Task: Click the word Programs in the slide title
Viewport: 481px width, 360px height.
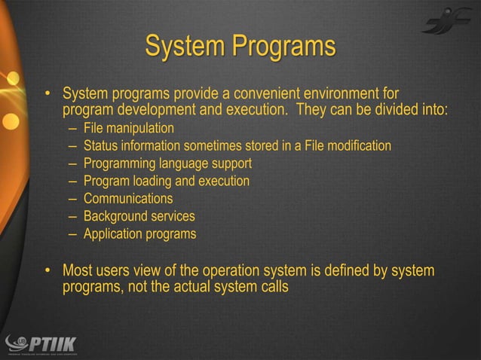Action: pyautogui.click(x=283, y=47)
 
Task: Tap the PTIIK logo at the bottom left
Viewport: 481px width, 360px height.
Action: pyautogui.click(x=44, y=343)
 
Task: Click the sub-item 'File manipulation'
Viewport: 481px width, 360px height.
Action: pyautogui.click(x=128, y=128)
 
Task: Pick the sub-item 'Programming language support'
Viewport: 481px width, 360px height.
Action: pyautogui.click(x=167, y=163)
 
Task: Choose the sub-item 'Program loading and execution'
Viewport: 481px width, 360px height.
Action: pyautogui.click(x=166, y=182)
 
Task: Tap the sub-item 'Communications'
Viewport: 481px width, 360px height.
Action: pyautogui.click(x=127, y=199)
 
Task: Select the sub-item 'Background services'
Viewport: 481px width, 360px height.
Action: pyautogui.click(x=139, y=217)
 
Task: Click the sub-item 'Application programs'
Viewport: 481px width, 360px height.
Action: pyautogui.click(x=139, y=234)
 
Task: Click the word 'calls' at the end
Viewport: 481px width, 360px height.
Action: pyautogui.click(x=274, y=287)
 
